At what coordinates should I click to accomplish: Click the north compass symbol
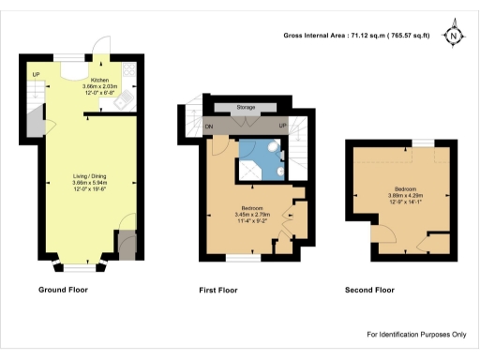[454, 37]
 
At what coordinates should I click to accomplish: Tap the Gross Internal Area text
[356, 37]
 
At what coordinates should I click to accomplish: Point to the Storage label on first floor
[247, 108]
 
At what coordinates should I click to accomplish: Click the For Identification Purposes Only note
[415, 335]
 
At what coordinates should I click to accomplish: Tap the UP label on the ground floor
[36, 75]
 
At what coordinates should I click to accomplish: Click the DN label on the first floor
[210, 125]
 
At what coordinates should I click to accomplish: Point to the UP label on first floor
[282, 125]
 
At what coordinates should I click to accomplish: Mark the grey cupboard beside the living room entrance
[125, 246]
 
